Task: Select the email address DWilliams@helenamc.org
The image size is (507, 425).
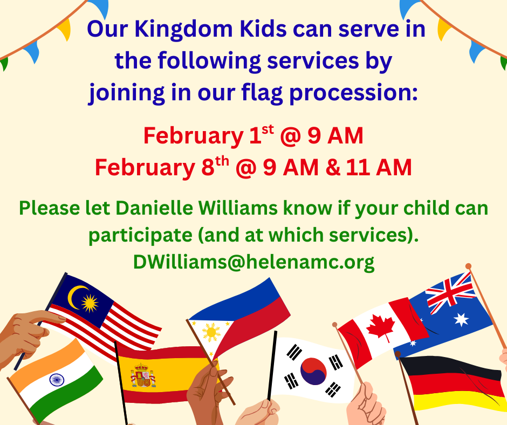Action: pyautogui.click(x=254, y=262)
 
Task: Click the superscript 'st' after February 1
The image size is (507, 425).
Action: pyautogui.click(x=268, y=129)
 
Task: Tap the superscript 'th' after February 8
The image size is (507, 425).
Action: pyautogui.click(x=222, y=162)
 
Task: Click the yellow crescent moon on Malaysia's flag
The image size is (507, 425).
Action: pyautogui.click(x=76, y=297)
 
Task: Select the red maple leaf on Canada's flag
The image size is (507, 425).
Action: pyautogui.click(x=381, y=327)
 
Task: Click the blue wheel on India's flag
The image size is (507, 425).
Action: pyautogui.click(x=57, y=379)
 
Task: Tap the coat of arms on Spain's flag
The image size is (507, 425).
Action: pyautogui.click(x=142, y=376)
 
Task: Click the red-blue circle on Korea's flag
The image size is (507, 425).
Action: pyautogui.click(x=313, y=371)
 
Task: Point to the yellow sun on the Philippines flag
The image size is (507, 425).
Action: pyautogui.click(x=211, y=332)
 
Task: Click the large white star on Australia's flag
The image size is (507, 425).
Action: pyautogui.click(x=461, y=319)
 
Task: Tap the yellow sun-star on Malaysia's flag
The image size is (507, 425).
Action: pyautogui.click(x=90, y=303)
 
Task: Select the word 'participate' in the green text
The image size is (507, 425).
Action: pyautogui.click(x=140, y=236)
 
